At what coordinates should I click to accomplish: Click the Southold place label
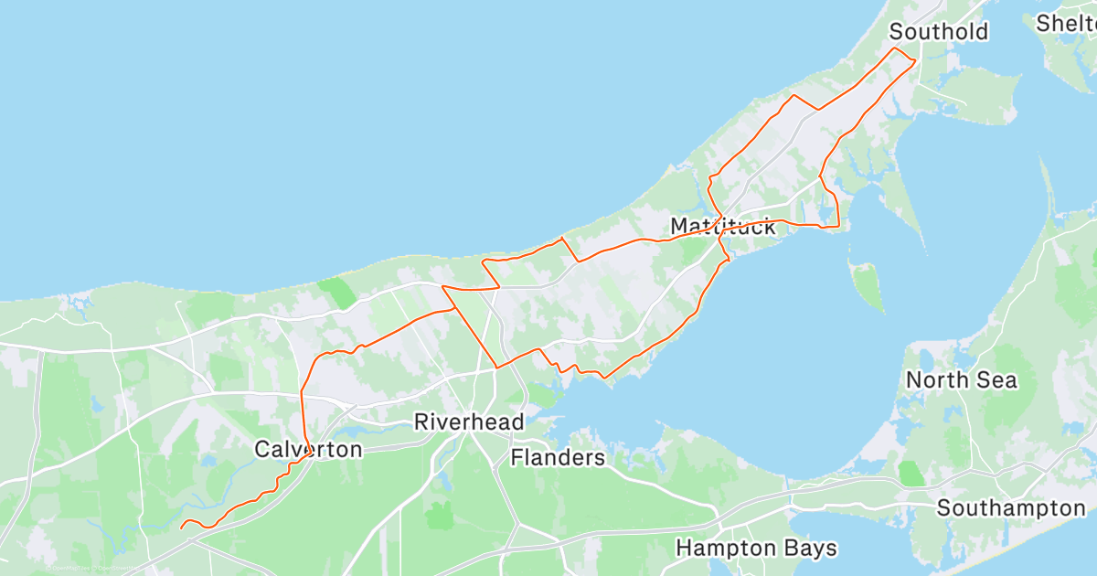click(939, 32)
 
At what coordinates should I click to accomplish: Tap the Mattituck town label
click(722, 226)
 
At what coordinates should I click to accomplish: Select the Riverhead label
click(469, 422)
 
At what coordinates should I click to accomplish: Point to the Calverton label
click(308, 449)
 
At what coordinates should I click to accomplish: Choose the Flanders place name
click(558, 457)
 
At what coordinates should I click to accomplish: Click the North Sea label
click(961, 380)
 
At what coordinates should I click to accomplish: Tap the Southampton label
click(1011, 508)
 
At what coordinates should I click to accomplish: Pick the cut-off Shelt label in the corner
click(1066, 23)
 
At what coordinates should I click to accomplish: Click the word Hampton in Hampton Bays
click(719, 549)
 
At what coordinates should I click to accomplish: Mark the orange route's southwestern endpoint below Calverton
click(181, 528)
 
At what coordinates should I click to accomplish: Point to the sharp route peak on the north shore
click(561, 239)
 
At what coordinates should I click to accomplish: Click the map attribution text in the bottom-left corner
click(91, 568)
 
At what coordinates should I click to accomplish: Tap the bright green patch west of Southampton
click(911, 474)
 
